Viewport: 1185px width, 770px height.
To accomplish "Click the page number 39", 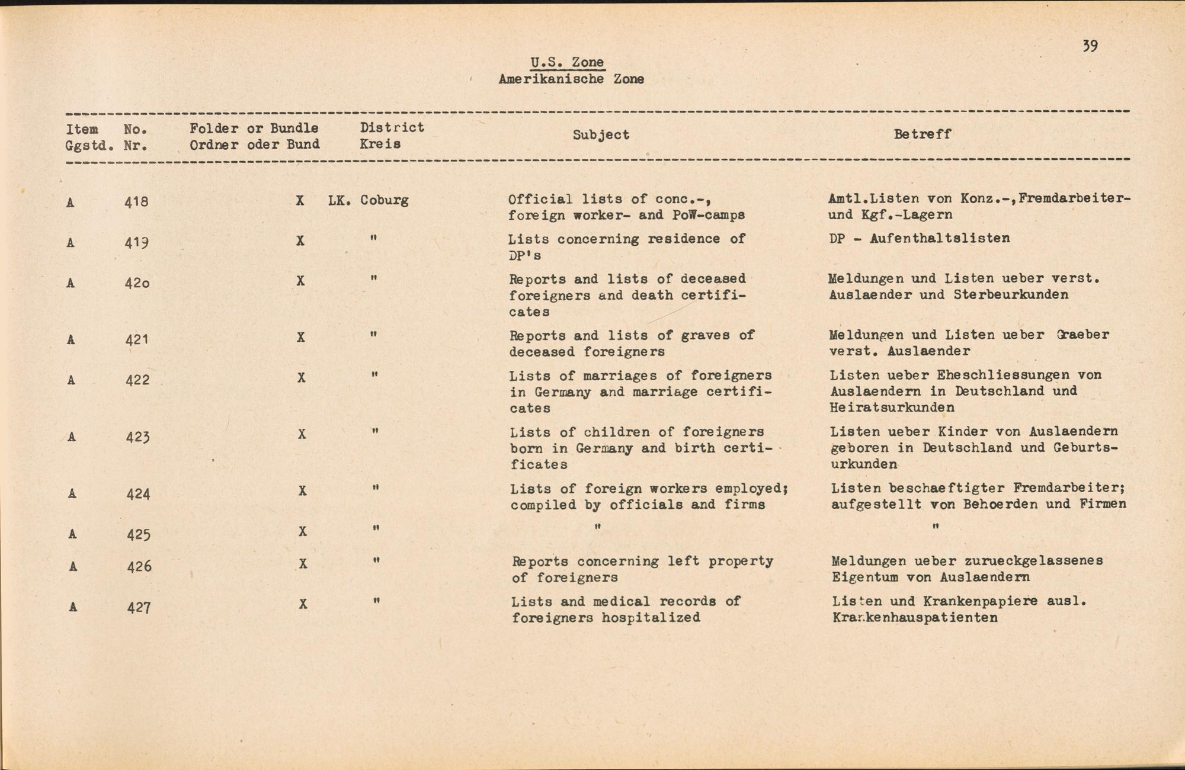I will pos(1090,46).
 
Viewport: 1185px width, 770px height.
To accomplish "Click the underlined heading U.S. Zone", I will pos(567,62).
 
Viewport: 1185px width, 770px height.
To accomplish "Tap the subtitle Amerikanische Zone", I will pos(571,79).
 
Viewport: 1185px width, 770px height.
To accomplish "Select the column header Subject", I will pos(600,135).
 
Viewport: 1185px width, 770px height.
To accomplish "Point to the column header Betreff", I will pos(922,134).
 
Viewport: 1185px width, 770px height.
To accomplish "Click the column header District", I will pos(392,127).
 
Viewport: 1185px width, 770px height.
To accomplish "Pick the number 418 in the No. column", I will pos(136,202).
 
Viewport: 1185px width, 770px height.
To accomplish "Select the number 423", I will pos(137,437).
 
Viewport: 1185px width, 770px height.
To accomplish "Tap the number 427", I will pos(139,607).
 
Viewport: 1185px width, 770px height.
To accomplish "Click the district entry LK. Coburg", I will pos(368,200).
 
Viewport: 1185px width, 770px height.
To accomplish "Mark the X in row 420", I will pos(300,281).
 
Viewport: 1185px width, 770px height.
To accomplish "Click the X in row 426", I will pos(303,564).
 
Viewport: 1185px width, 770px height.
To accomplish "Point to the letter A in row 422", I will pos(71,380).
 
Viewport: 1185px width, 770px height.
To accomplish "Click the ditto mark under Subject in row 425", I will pos(597,527).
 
